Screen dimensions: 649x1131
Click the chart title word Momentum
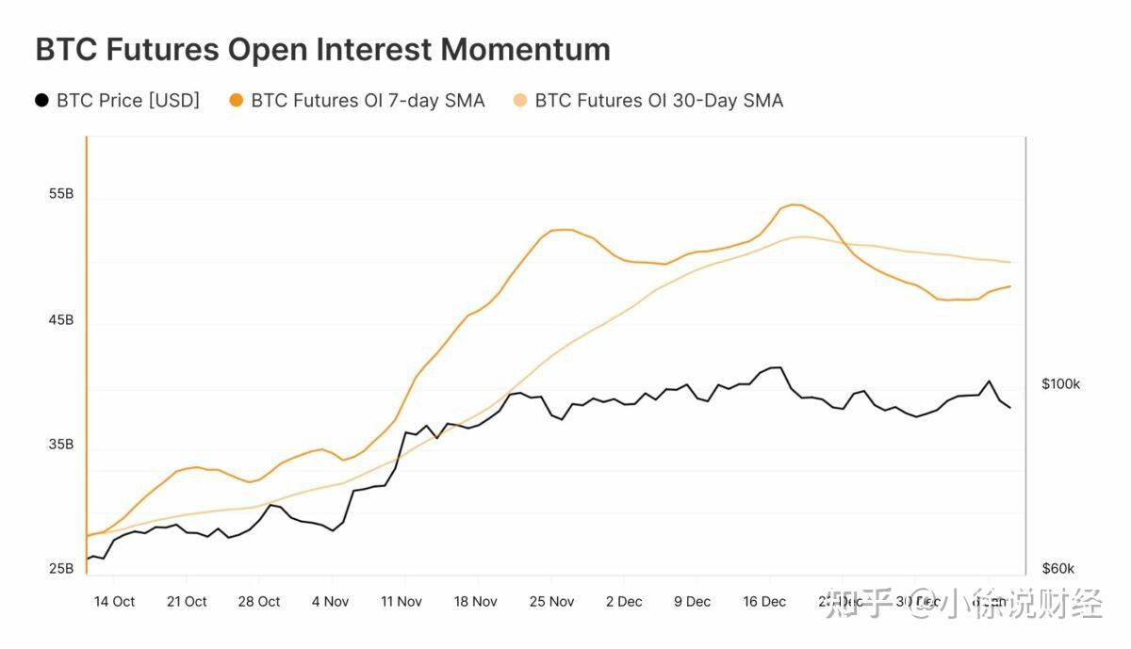coord(528,49)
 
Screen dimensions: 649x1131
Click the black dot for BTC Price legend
coord(41,100)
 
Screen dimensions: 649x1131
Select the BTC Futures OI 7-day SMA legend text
coord(368,101)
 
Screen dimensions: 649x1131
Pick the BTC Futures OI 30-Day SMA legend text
coord(659,101)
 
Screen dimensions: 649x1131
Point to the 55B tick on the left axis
coord(60,194)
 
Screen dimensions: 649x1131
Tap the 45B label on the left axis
coord(60,320)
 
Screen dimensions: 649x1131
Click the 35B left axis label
coord(60,445)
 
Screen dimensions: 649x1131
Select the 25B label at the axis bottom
coord(60,569)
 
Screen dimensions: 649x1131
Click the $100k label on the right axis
coord(1061,384)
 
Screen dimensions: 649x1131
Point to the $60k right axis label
coord(1058,569)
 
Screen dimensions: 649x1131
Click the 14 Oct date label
coord(115,602)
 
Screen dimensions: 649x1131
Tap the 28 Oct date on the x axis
coord(259,602)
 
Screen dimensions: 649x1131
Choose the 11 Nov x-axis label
coord(402,602)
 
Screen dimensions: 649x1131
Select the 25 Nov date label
coord(551,602)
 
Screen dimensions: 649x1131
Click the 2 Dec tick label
coord(624,602)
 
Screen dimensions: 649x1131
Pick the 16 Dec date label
coord(764,602)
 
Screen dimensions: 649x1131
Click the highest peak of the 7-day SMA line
coord(794,204)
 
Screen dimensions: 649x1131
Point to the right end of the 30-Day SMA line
coord(1010,262)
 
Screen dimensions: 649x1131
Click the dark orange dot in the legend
coord(236,100)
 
